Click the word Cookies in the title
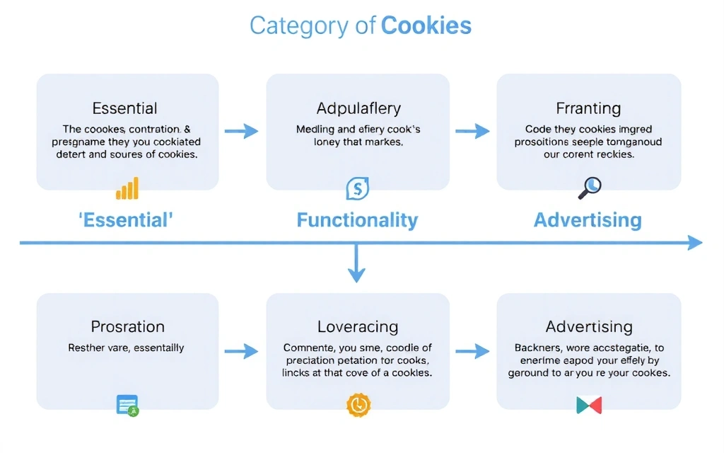pyautogui.click(x=426, y=26)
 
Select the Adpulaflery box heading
pyautogui.click(x=358, y=108)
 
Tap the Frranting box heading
pyautogui.click(x=588, y=108)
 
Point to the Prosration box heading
pyautogui.click(x=127, y=326)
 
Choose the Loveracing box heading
pyautogui.click(x=358, y=326)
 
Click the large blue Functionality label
pyautogui.click(x=357, y=220)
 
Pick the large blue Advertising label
pyautogui.click(x=588, y=220)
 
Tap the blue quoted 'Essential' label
pyautogui.click(x=125, y=220)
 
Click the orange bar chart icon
pyautogui.click(x=127, y=188)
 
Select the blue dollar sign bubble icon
pyautogui.click(x=357, y=188)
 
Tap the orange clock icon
pyautogui.click(x=358, y=404)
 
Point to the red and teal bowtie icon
pyautogui.click(x=589, y=405)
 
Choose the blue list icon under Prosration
pyautogui.click(x=127, y=405)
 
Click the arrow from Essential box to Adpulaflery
pyautogui.click(x=242, y=131)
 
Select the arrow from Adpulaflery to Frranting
pyautogui.click(x=472, y=131)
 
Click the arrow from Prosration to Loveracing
pyautogui.click(x=242, y=350)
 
